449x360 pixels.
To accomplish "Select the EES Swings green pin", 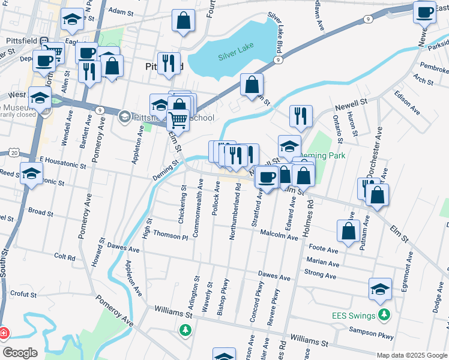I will [x=385, y=315].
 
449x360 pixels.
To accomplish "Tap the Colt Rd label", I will [x=64, y=256].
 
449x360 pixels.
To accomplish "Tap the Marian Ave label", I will [x=322, y=262].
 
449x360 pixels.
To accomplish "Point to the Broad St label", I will [x=41, y=212].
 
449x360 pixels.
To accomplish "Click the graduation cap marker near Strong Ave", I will [x=380, y=289].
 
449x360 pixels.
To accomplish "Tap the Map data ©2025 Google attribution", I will [x=412, y=355].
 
